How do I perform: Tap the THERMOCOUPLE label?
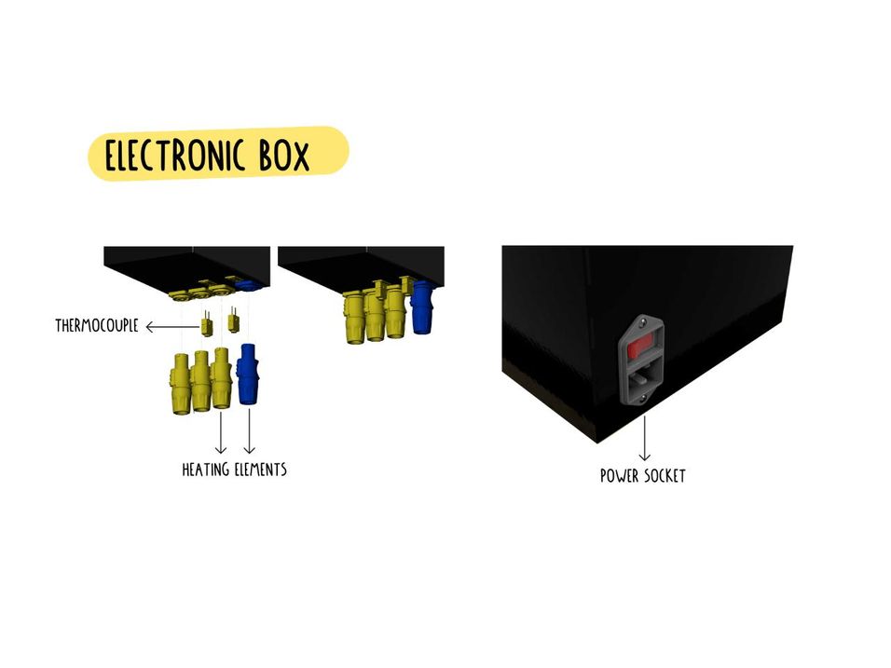97,326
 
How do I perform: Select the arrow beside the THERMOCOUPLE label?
169,326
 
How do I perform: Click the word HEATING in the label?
205,470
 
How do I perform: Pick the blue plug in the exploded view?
248,374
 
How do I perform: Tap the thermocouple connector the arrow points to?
206,325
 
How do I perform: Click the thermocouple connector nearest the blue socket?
233,321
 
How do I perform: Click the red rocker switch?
641,349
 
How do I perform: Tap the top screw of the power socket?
642,321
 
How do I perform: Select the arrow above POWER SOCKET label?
643,438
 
